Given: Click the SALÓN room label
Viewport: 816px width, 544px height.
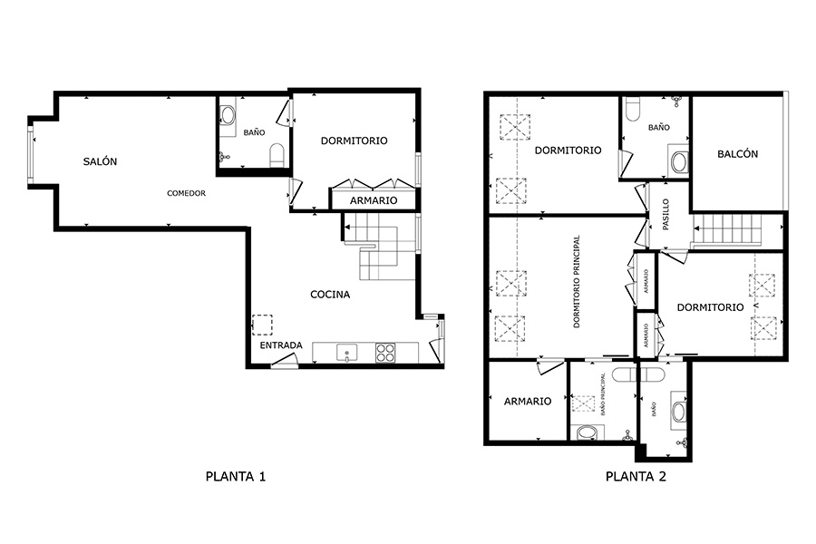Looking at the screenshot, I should [x=101, y=161].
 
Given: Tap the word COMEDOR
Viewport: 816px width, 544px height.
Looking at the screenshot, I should [x=186, y=193].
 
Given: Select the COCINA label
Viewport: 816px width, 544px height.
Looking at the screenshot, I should [x=330, y=294].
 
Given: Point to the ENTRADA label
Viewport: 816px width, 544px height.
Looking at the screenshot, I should [x=281, y=346].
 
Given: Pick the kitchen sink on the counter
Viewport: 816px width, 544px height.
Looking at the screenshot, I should [x=345, y=352].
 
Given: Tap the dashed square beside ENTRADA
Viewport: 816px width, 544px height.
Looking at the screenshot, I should [x=262, y=325].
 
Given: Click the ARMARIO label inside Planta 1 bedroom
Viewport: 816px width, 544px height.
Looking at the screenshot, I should [x=373, y=200].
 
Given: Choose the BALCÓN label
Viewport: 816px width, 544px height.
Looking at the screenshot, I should [x=737, y=154].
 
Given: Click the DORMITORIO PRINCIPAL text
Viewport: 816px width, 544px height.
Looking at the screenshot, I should [x=577, y=282].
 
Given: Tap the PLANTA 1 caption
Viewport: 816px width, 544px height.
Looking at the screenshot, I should [x=236, y=475].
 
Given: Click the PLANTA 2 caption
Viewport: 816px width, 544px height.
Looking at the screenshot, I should [x=636, y=475].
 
